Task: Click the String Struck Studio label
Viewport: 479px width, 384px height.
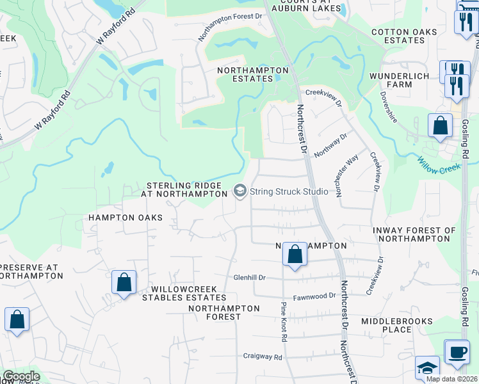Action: click(x=289, y=191)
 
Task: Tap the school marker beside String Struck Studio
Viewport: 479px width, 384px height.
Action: click(x=240, y=191)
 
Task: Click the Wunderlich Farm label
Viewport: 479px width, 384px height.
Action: click(x=400, y=80)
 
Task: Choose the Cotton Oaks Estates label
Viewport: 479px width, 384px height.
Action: click(x=407, y=36)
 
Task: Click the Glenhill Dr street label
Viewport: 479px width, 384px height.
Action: click(x=249, y=278)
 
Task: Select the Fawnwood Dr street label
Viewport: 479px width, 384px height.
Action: click(x=314, y=296)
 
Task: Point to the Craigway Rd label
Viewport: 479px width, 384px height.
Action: click(x=263, y=356)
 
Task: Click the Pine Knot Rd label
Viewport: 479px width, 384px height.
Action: click(x=284, y=322)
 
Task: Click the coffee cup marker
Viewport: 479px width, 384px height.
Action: click(x=457, y=351)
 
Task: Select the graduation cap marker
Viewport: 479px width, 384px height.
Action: click(x=427, y=368)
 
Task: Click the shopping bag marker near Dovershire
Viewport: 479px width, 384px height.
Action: click(x=441, y=125)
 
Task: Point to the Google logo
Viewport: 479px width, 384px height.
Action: click(x=21, y=376)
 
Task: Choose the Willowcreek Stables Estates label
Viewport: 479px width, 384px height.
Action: click(x=184, y=293)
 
